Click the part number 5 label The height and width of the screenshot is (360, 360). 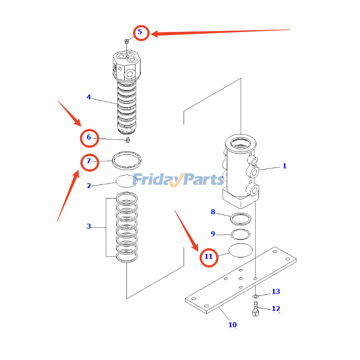[140, 32]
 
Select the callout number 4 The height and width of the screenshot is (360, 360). [89, 97]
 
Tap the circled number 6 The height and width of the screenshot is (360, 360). [89, 138]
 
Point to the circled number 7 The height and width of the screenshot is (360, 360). [89, 161]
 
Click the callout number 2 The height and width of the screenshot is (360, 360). [89, 185]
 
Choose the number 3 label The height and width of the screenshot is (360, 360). [89, 226]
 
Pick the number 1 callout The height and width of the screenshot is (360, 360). [284, 166]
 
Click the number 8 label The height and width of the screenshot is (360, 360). [213, 212]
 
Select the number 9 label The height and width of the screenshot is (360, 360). [213, 234]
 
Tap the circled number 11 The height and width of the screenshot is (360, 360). [208, 256]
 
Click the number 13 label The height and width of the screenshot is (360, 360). [275, 292]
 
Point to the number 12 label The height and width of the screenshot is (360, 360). [275, 309]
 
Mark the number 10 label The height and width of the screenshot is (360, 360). [232, 324]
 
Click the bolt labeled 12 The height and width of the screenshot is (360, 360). [256, 310]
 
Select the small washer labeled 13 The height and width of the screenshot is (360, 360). [256, 296]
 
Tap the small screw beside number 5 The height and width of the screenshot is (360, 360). [127, 41]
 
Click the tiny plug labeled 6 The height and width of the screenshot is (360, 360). [128, 140]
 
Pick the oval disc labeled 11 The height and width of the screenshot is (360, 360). [241, 251]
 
